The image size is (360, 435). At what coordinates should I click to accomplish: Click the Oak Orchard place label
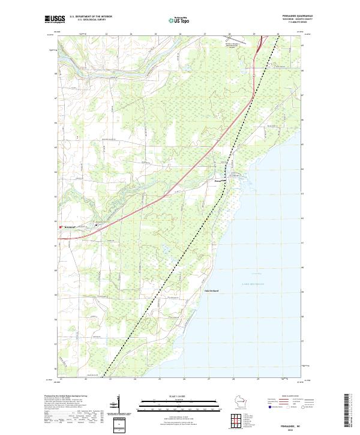(211, 290)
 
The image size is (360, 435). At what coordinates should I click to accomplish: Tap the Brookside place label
(70, 227)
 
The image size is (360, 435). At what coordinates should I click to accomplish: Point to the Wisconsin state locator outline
(241, 402)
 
